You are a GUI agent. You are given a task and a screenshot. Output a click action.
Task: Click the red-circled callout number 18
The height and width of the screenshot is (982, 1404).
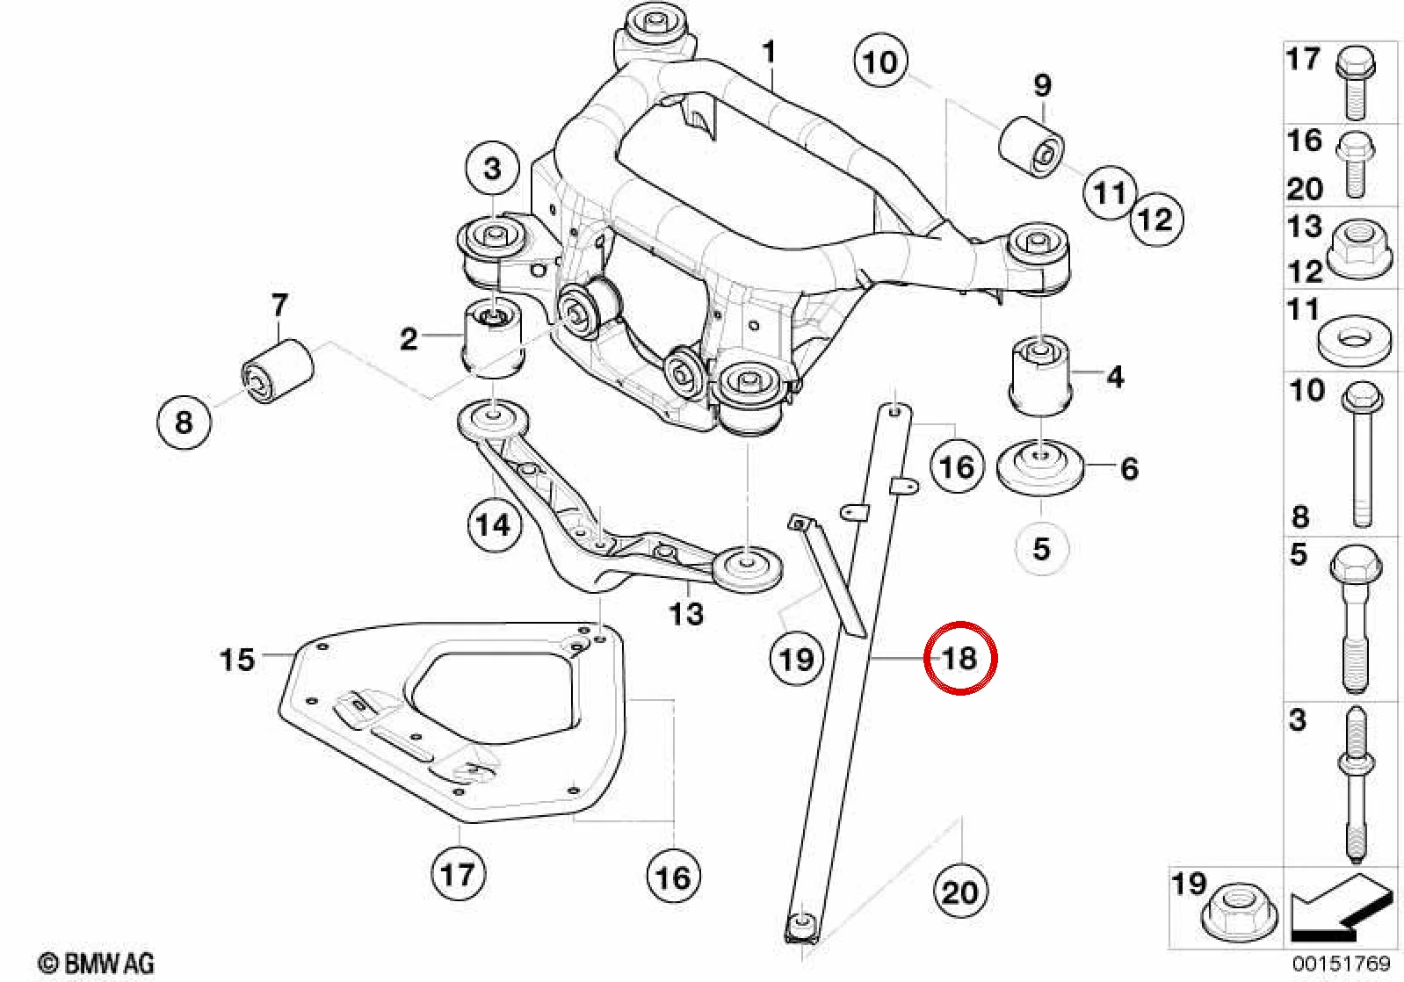pyautogui.click(x=960, y=658)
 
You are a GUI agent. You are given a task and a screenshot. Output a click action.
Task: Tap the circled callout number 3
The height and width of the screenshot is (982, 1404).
pyautogui.click(x=493, y=169)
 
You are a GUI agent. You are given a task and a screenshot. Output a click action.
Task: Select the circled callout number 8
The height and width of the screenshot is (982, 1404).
pyautogui.click(x=184, y=421)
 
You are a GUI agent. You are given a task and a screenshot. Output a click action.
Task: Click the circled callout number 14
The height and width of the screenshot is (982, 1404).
pyautogui.click(x=494, y=524)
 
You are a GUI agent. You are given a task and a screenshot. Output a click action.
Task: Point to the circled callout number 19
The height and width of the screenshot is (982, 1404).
pyautogui.click(x=797, y=659)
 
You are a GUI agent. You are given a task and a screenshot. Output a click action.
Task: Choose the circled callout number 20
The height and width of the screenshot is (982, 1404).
pyautogui.click(x=960, y=892)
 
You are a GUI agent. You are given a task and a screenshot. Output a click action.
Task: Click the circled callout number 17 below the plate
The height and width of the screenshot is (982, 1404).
pyautogui.click(x=458, y=873)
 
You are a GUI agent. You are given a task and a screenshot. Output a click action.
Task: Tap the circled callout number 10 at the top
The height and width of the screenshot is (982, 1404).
pyautogui.click(x=880, y=61)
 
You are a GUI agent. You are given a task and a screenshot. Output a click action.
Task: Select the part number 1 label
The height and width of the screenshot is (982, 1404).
pyautogui.click(x=769, y=53)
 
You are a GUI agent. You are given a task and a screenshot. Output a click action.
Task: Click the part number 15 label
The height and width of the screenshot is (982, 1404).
pyautogui.click(x=237, y=660)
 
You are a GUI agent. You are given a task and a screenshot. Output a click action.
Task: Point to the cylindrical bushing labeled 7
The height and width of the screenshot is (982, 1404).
pyautogui.click(x=278, y=371)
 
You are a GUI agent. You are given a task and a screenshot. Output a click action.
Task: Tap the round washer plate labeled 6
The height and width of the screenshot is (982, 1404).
pyautogui.click(x=1040, y=468)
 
